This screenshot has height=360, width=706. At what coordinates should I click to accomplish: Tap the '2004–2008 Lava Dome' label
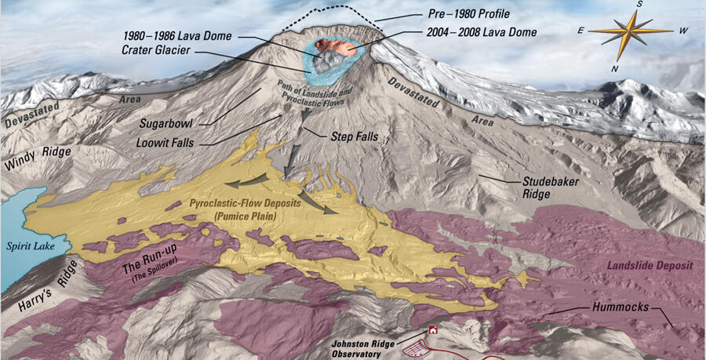pos(482,33)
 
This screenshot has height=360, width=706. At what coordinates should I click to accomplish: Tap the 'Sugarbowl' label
pos(166,123)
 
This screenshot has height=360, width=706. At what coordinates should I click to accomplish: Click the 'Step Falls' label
pos(354,136)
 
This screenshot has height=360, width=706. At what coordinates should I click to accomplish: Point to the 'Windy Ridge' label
pos(38,158)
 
